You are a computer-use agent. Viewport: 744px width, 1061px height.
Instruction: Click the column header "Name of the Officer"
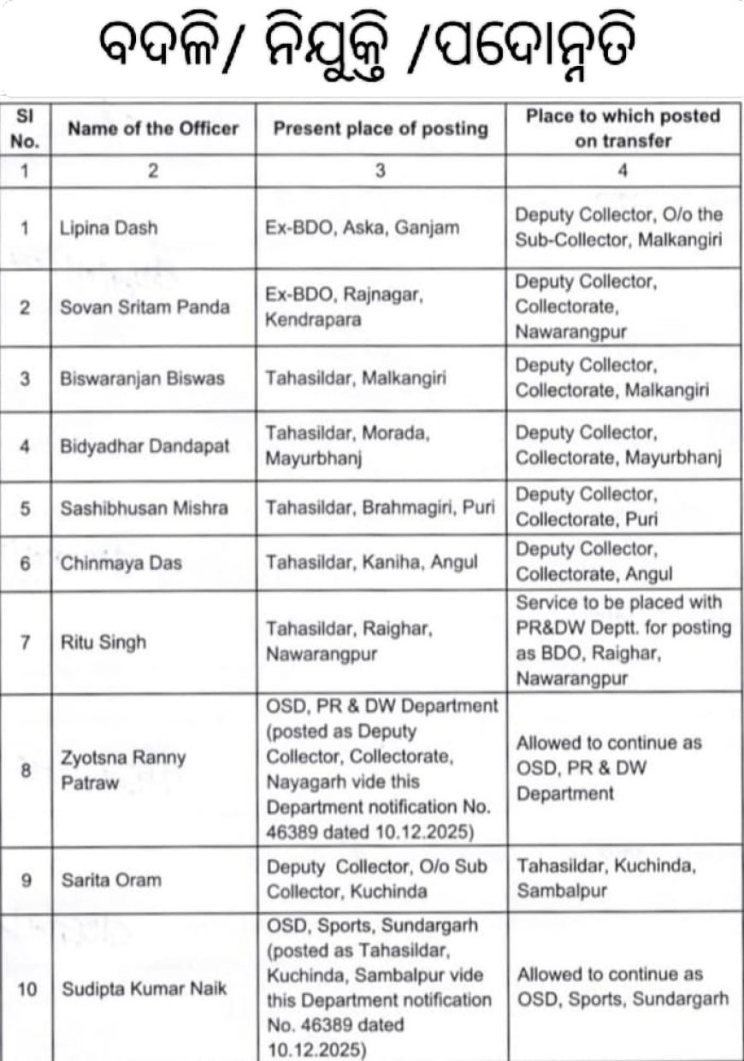(x=153, y=129)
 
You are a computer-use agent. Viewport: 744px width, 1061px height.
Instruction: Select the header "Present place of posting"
(x=381, y=129)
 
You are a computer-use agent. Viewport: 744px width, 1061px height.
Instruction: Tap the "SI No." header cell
(x=26, y=129)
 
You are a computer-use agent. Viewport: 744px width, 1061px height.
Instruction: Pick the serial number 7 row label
(x=26, y=641)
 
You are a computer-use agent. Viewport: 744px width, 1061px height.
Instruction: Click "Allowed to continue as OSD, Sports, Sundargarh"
(x=621, y=987)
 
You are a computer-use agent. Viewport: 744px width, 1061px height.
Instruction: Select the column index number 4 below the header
(x=623, y=170)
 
